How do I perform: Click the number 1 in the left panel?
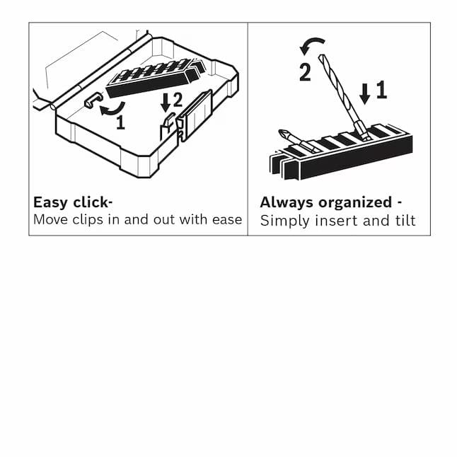click(x=120, y=123)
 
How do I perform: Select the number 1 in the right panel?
click(x=381, y=90)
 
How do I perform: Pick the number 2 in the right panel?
click(x=305, y=72)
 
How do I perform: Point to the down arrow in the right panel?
click(x=364, y=93)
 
